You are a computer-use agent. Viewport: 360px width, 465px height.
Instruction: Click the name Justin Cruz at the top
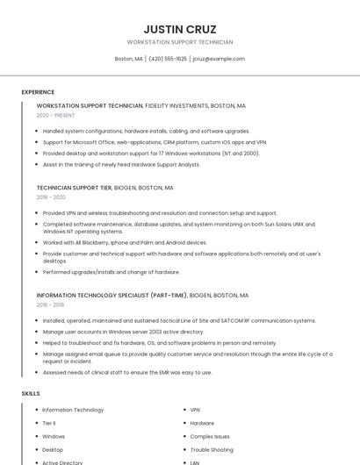coord(180,29)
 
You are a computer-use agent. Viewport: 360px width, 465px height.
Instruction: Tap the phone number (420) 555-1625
coord(168,59)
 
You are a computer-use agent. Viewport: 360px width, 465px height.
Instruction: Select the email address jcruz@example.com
coord(219,59)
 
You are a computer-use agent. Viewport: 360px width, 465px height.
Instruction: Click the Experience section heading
coord(38,92)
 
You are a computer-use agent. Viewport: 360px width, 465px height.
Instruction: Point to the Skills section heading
coord(31,394)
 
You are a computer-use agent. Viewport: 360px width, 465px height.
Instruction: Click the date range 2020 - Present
coord(55,115)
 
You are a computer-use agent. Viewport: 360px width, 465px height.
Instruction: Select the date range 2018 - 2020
coord(51,197)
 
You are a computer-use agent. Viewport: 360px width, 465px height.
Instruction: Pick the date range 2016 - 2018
coord(50,304)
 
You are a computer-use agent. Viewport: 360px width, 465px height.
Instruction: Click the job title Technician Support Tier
coord(74,188)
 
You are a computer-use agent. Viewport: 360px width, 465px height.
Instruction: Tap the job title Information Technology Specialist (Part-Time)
coord(112,296)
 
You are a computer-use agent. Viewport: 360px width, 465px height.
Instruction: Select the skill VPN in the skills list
coord(195,410)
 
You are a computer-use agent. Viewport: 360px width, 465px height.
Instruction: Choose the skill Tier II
coord(49,423)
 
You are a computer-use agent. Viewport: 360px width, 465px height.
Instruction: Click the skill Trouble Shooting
coord(212,449)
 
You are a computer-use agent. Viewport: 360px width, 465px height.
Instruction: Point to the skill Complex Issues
coord(210,436)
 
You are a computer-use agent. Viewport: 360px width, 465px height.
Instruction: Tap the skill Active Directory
coord(62,462)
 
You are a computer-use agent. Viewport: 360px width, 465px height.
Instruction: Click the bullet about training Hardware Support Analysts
coord(121,164)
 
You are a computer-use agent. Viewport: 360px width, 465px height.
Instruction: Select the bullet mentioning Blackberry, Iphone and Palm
coord(125,242)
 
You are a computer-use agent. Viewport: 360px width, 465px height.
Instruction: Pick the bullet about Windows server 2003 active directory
coord(123,332)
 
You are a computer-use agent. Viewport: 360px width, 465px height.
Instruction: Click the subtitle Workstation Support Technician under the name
coord(180,42)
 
